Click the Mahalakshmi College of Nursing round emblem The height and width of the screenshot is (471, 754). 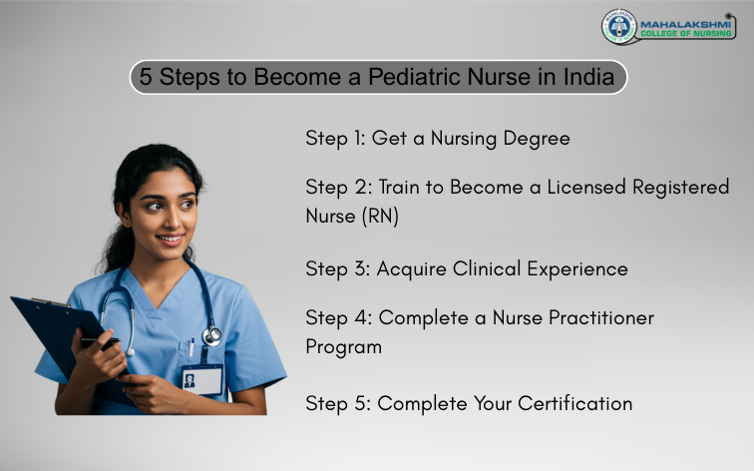coord(618,26)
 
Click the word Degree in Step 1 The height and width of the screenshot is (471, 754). coord(537,139)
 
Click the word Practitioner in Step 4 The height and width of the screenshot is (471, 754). coord(599,317)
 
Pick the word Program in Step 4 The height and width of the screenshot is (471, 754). coord(343,346)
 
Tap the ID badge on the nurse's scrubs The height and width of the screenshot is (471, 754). coord(201,378)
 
